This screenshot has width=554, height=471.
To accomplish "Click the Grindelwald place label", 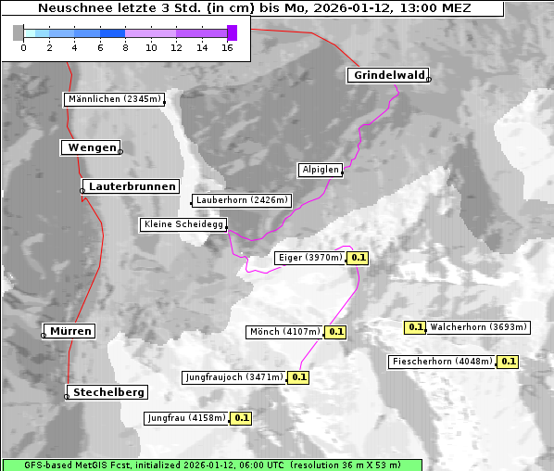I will click(x=387, y=75).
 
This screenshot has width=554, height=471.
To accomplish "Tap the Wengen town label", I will click(x=90, y=146).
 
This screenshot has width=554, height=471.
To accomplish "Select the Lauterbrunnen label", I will click(x=132, y=186).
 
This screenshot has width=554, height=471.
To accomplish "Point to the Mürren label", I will click(x=70, y=331).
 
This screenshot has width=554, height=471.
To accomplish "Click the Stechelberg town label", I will click(x=109, y=392).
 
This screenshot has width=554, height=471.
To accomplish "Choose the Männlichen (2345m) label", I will click(x=115, y=99).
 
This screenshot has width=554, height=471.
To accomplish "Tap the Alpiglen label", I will click(x=321, y=170).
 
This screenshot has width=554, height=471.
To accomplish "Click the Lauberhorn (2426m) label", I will click(x=242, y=199).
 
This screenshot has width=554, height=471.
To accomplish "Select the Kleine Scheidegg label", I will click(x=183, y=224).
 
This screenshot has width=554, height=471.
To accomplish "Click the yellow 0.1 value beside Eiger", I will click(x=359, y=258).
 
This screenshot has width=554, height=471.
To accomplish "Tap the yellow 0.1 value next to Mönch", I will click(x=335, y=331).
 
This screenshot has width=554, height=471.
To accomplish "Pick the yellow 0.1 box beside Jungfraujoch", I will click(x=298, y=377).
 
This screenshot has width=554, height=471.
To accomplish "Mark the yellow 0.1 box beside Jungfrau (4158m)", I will click(x=241, y=418).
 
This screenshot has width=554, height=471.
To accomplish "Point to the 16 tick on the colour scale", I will click(x=227, y=46).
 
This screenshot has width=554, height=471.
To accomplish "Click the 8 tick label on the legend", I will click(x=125, y=46).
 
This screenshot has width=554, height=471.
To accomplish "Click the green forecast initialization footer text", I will click(x=212, y=465).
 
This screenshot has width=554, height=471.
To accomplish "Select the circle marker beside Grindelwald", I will click(x=429, y=80).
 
